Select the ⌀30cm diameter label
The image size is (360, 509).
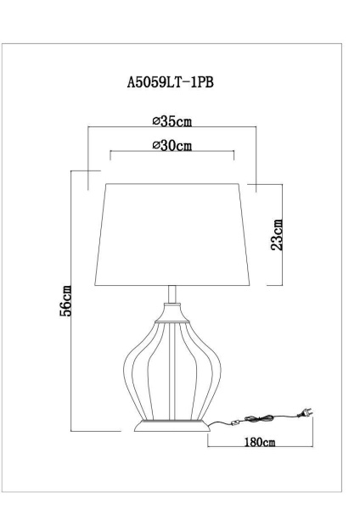tap(172, 145)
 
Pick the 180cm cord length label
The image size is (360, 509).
tap(259, 442)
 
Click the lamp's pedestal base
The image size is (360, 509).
tap(173, 422)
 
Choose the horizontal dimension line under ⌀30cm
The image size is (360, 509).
tap(172, 154)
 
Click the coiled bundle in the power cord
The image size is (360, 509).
tap(259, 418)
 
